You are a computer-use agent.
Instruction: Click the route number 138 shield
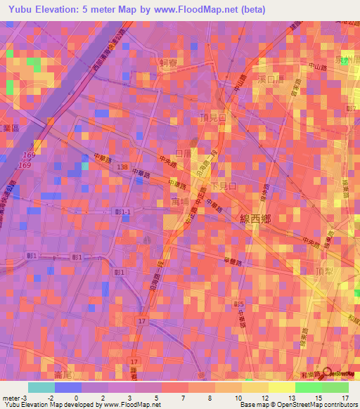123,167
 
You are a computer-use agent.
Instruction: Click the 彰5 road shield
238,304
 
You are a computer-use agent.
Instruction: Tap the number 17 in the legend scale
345,398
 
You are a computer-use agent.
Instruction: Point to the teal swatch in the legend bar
41,387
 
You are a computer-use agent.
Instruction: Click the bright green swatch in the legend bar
308,387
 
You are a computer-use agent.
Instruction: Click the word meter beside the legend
11,398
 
